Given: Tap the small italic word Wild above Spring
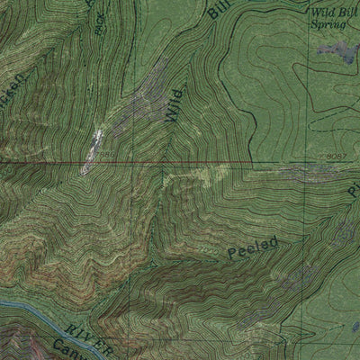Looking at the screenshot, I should (323, 13).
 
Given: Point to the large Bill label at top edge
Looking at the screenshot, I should (217, 10).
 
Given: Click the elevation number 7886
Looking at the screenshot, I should (107, 156).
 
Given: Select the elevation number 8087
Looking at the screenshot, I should (337, 157).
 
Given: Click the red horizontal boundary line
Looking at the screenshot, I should (180, 164).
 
